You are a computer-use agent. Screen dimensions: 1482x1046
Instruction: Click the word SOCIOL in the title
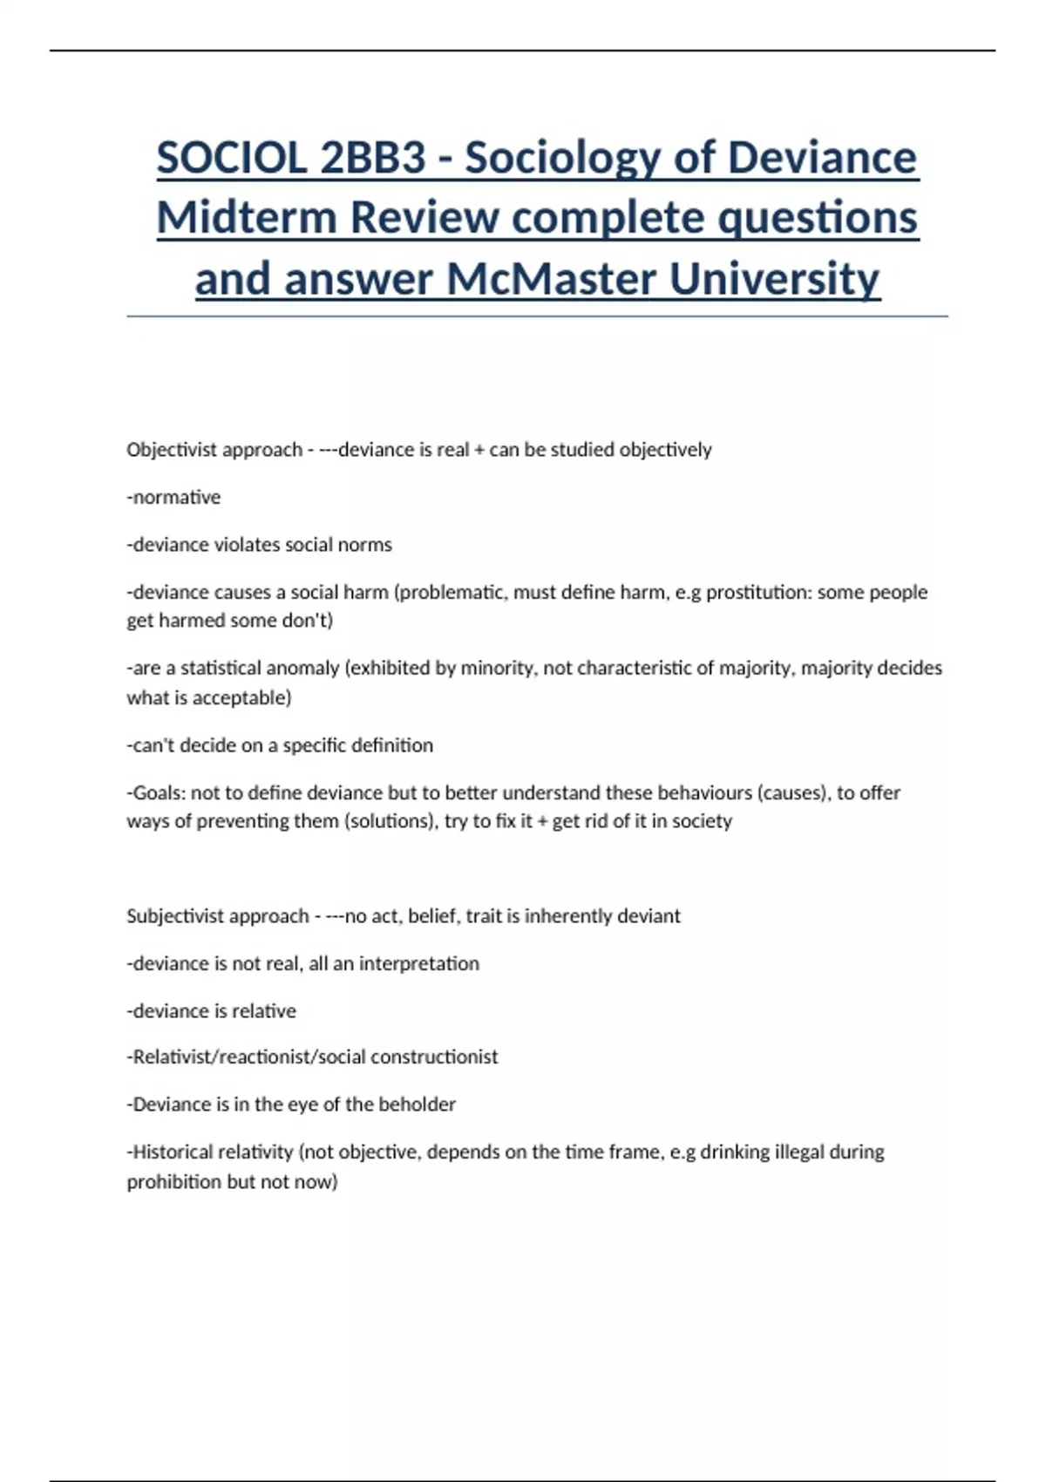(232, 159)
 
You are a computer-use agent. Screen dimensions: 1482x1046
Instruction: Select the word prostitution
(758, 593)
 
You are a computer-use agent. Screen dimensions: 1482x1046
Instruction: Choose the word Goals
(156, 793)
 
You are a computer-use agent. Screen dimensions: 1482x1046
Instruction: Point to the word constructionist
(434, 1057)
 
